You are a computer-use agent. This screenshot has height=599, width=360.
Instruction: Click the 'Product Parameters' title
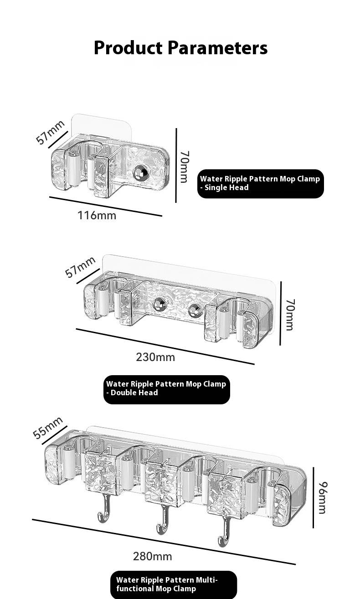(x=180, y=48)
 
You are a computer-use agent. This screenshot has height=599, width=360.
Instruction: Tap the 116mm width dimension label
(x=97, y=216)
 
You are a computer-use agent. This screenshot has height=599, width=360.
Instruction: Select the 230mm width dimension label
(x=155, y=357)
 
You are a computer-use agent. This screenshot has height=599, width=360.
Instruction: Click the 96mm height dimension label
(x=323, y=497)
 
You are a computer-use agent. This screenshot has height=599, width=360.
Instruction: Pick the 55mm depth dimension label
(x=48, y=428)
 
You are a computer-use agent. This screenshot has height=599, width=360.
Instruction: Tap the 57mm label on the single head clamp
(x=50, y=132)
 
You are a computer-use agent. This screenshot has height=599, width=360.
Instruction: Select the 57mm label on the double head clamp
(x=80, y=267)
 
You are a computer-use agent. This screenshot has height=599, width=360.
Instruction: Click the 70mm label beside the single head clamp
(x=185, y=167)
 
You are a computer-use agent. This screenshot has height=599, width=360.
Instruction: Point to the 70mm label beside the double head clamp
(x=290, y=315)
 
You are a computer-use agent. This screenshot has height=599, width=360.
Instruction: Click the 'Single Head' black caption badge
(x=260, y=184)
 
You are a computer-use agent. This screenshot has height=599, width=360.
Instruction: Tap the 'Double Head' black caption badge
(x=166, y=389)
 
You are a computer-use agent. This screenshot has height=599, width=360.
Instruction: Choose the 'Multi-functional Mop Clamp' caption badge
(x=174, y=585)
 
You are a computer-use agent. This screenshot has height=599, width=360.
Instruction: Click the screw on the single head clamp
(x=139, y=172)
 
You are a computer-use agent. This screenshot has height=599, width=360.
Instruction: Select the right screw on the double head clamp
(x=194, y=311)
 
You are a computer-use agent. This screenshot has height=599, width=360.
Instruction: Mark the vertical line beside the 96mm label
(x=313, y=498)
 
